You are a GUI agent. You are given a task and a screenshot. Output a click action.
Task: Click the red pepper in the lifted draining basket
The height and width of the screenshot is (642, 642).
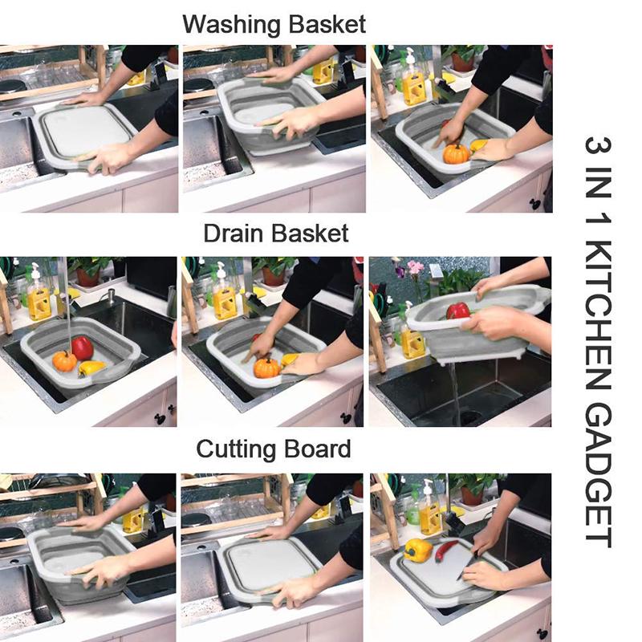tap(458, 310)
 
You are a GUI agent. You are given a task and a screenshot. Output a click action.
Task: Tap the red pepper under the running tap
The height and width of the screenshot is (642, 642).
tap(82, 347)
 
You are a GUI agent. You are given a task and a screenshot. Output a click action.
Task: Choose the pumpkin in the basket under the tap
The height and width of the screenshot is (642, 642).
tap(64, 361)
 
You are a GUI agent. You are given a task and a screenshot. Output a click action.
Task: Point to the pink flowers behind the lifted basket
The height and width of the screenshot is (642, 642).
tap(414, 268)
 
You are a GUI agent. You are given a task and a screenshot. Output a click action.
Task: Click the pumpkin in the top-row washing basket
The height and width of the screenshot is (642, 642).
tap(456, 153)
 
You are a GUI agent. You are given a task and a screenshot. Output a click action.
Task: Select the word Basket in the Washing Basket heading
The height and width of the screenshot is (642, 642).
tap(324, 24)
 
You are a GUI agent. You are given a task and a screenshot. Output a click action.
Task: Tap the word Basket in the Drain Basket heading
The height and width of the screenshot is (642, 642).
tap(309, 234)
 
